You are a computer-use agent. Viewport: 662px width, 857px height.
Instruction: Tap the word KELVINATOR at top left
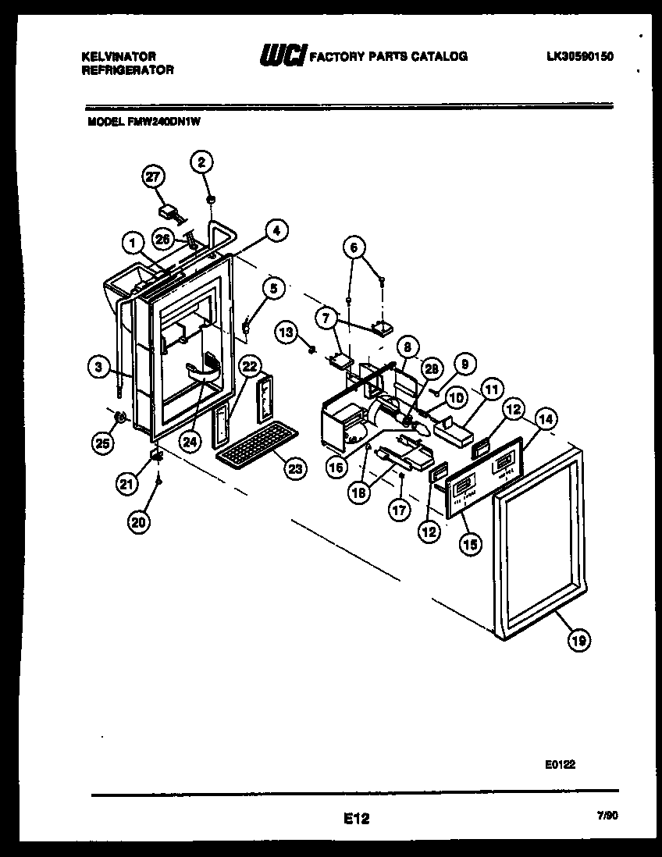coord(119,56)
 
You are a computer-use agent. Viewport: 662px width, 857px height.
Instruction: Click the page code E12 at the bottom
coord(356,819)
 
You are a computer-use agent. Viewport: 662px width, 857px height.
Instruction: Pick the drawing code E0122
coord(560,766)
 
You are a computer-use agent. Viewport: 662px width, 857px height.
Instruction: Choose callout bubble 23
coord(294,468)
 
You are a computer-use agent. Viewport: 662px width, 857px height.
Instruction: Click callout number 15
coord(469,543)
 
